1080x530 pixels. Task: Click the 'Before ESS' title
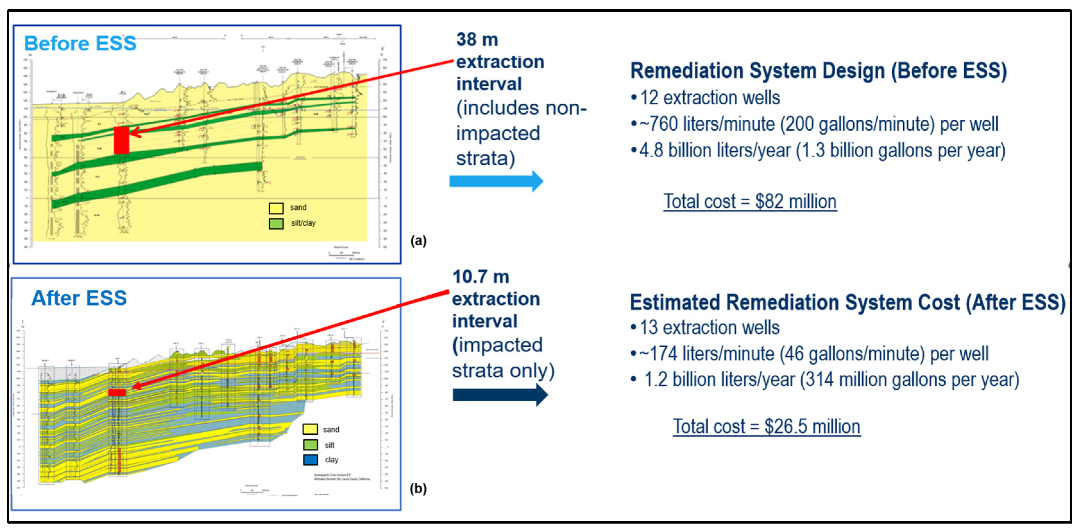pyautogui.click(x=80, y=43)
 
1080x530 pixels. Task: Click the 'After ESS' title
pyautogui.click(x=79, y=298)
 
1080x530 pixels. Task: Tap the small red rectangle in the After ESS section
pyautogui.click(x=117, y=392)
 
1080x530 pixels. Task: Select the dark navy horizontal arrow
pyautogui.click(x=500, y=395)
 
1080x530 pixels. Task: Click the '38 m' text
pyautogui.click(x=477, y=39)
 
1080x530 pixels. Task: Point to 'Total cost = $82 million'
pyautogui.click(x=750, y=201)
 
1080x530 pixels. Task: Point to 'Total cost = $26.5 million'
pyautogui.click(x=766, y=426)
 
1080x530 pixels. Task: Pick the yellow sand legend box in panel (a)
pyautogui.click(x=276, y=208)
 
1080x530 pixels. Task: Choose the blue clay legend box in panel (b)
pyautogui.click(x=310, y=459)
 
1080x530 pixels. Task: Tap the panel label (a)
pyautogui.click(x=418, y=240)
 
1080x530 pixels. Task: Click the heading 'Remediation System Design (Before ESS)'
pyautogui.click(x=818, y=71)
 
